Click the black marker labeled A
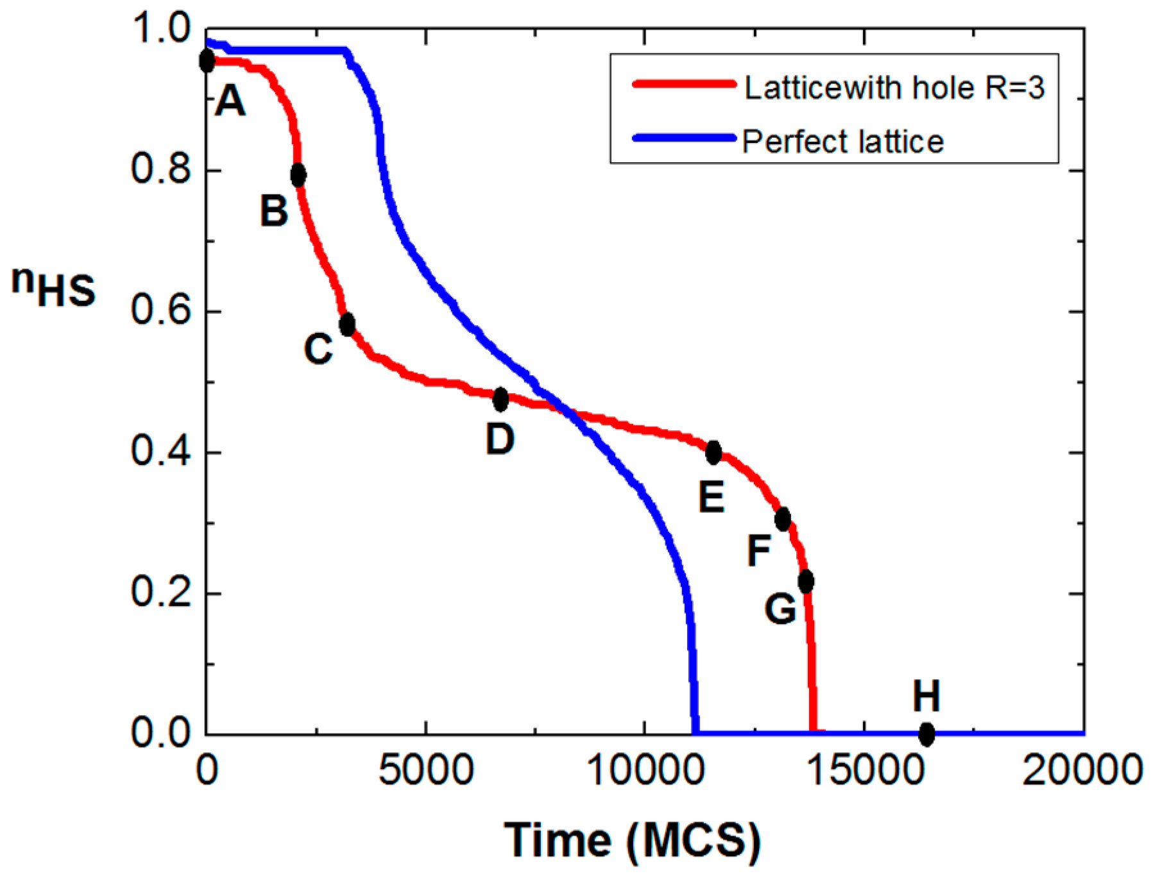pyautogui.click(x=207, y=62)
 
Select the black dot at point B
pyautogui.click(x=298, y=174)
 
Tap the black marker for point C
pyautogui.click(x=347, y=324)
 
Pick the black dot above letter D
pyautogui.click(x=500, y=400)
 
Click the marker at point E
pyautogui.click(x=713, y=453)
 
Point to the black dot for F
pyautogui.click(x=782, y=519)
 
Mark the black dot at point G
pyautogui.click(x=806, y=581)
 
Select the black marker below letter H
pyautogui.click(x=926, y=734)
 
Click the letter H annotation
pyautogui.click(x=926, y=696)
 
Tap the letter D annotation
pyautogui.click(x=500, y=439)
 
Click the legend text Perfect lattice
pyautogui.click(x=843, y=142)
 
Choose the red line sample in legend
pyautogui.click(x=684, y=84)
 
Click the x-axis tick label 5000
pyautogui.click(x=425, y=770)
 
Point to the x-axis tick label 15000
pyautogui.click(x=864, y=770)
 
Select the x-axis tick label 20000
pyautogui.click(x=1082, y=770)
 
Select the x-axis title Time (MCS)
pyautogui.click(x=633, y=841)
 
